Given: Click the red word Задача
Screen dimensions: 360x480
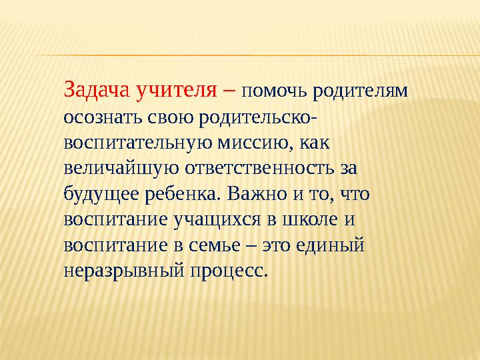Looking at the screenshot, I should click(x=97, y=89).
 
